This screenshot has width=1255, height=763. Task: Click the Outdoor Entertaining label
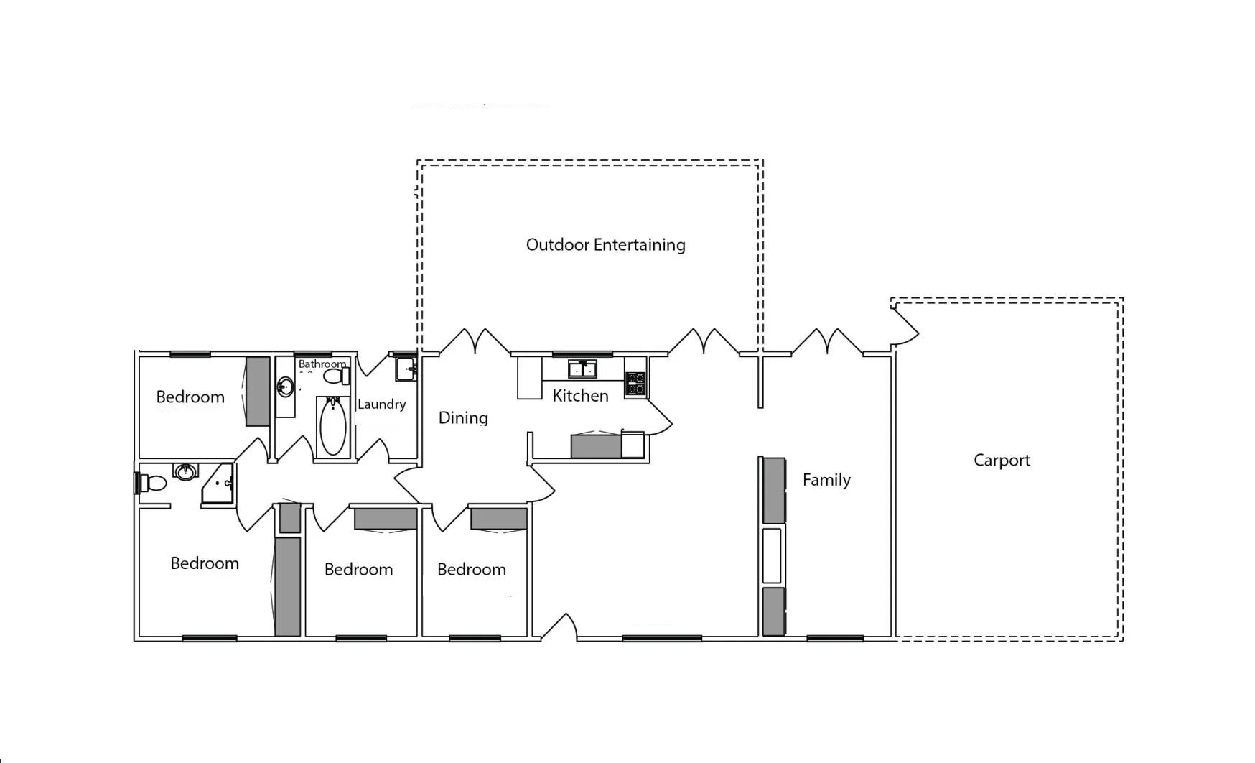(605, 245)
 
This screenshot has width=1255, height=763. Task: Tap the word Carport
(1002, 461)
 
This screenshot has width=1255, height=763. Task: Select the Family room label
(826, 479)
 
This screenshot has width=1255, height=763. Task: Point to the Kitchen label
(580, 395)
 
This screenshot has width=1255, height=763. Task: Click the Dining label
(463, 417)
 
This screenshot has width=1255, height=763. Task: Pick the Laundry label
(381, 404)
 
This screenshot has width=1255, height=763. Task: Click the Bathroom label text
(322, 364)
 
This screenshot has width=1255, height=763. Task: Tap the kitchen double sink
(582, 369)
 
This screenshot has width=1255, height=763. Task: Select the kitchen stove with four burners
(635, 384)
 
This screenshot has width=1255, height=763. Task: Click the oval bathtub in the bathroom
(332, 427)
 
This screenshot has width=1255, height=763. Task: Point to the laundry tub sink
(406, 369)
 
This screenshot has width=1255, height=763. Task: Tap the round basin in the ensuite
(186, 472)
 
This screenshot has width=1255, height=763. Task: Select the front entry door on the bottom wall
(560, 626)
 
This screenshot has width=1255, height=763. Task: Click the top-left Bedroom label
(190, 397)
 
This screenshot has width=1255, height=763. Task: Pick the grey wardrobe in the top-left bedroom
(258, 392)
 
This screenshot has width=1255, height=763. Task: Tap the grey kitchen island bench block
(596, 446)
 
